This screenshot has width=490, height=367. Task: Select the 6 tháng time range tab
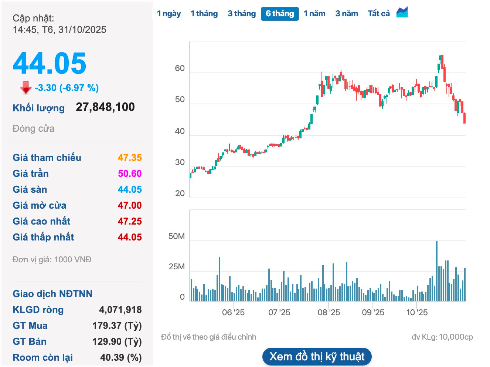tap(280, 14)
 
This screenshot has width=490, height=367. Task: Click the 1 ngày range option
tap(169, 14)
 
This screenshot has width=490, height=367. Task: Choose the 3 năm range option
tap(347, 14)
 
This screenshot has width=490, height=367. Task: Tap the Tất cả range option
tap(379, 14)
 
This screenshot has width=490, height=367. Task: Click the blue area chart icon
tap(402, 13)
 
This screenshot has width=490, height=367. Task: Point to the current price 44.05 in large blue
tap(50, 64)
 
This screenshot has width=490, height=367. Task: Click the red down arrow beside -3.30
tap(25, 88)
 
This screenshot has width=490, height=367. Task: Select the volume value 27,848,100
tap(105, 107)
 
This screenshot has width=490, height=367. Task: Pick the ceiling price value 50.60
tap(130, 174)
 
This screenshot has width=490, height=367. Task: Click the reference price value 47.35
tap(130, 158)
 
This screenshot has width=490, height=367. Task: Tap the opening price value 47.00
tap(130, 205)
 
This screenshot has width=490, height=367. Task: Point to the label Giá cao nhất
tap(41, 221)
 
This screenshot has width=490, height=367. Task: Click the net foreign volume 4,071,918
tap(120, 310)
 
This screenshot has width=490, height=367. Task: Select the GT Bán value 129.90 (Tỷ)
tap(117, 341)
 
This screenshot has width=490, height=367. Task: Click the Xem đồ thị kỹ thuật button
tap(317, 357)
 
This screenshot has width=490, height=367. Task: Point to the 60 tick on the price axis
tap(180, 68)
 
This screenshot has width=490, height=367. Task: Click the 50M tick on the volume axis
tap(176, 236)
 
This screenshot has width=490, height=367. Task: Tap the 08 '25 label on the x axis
tap(329, 313)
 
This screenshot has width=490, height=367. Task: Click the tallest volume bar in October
tap(437, 271)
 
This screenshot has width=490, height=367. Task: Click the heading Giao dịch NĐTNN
tap(52, 294)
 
